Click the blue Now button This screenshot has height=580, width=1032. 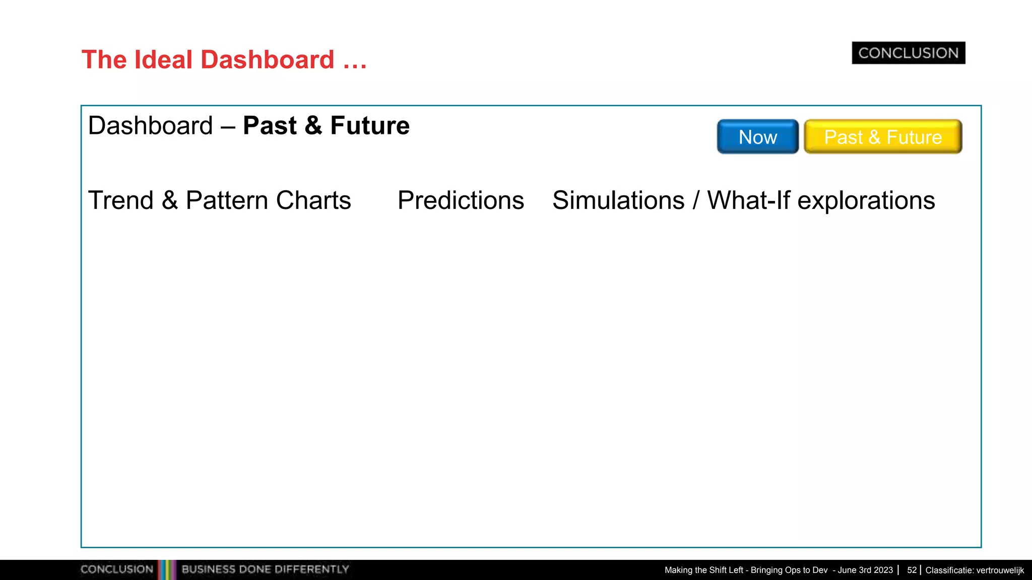tap(757, 137)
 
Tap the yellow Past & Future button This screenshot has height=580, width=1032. tap(883, 137)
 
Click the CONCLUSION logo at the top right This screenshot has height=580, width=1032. tap(908, 53)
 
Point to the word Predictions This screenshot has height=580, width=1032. tap(461, 200)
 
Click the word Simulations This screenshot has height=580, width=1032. tap(618, 200)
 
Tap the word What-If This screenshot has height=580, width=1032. tap(749, 200)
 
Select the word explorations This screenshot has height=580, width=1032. tap(866, 201)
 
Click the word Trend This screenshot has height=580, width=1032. tap(120, 200)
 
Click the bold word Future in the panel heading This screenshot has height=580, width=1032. tap(369, 126)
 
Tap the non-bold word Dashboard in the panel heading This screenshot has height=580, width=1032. tap(150, 126)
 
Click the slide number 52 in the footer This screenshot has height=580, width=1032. tap(912, 570)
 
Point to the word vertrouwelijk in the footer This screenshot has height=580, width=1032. tap(1000, 570)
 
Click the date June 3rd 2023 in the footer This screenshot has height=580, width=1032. tap(865, 570)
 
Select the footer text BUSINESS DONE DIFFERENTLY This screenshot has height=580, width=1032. tap(265, 569)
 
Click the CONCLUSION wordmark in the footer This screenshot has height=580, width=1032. tap(116, 569)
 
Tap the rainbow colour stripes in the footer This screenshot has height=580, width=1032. tap(167, 569)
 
